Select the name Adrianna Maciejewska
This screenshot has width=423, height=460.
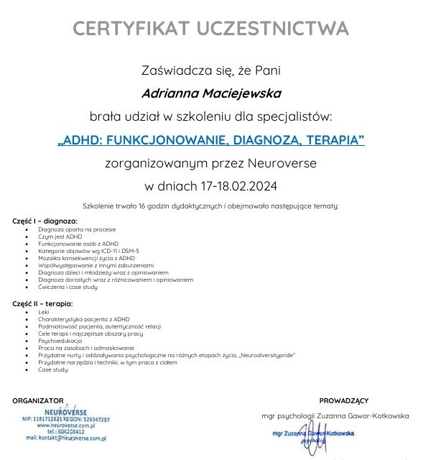pos(211,93)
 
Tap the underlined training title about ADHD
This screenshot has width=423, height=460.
pos(211,139)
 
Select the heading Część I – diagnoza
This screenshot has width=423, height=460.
pos(45,221)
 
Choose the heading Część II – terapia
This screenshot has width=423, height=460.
pos(43,304)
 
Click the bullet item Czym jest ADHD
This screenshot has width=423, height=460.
pos(60,236)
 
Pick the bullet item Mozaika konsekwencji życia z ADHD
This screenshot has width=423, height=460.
pos(86,257)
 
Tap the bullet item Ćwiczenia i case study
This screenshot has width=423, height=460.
pos(68,286)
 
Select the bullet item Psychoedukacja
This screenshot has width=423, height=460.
pos(60,341)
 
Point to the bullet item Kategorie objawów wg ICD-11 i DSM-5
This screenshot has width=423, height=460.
pos(89,250)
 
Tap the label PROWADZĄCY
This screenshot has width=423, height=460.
pos(343,400)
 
